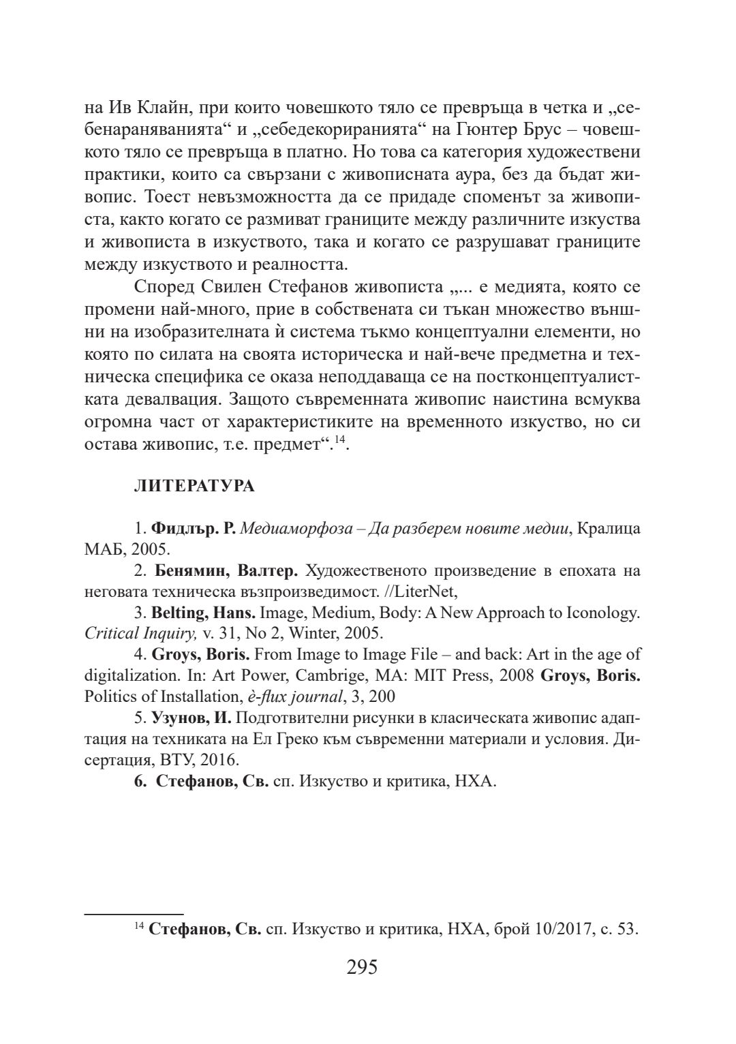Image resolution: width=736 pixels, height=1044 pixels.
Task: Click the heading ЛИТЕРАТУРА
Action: tap(195, 486)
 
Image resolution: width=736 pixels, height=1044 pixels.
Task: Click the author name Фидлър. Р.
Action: tap(194, 528)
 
